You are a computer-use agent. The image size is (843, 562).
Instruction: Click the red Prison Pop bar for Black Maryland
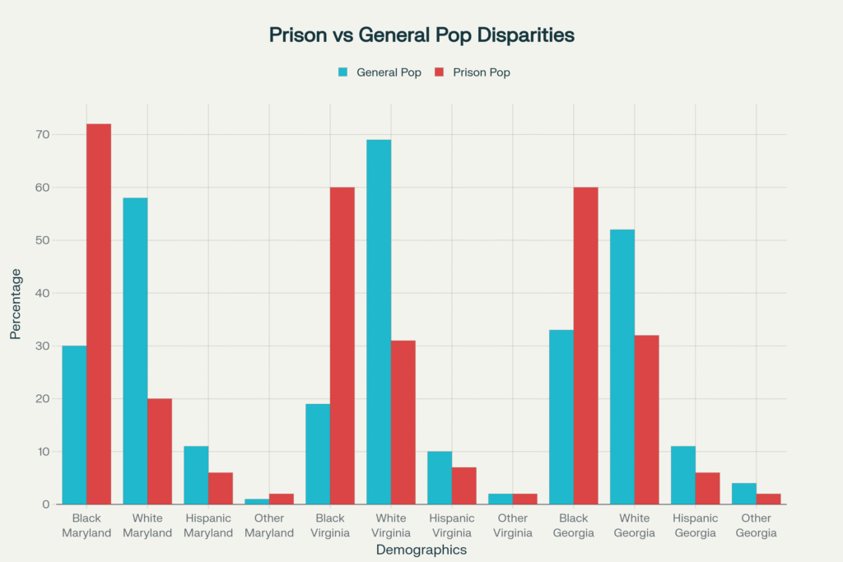tap(99, 314)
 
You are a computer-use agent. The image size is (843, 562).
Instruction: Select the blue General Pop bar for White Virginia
tap(379, 322)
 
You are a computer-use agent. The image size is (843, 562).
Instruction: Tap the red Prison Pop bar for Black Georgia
tap(586, 346)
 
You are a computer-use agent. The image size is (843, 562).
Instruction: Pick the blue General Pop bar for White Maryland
tap(135, 351)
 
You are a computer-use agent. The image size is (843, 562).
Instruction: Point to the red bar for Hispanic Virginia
tap(464, 485)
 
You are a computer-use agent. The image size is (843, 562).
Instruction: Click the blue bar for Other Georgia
tap(744, 494)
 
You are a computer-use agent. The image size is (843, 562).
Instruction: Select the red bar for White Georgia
tap(647, 420)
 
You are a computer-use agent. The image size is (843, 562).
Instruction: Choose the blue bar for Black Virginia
tap(318, 453)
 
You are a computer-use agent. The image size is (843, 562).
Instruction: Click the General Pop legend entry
tap(380, 72)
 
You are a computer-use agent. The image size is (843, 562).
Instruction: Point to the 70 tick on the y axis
tap(43, 134)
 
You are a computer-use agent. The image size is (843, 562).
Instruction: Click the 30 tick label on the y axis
tap(43, 346)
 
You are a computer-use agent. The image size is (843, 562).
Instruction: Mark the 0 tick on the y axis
tap(46, 504)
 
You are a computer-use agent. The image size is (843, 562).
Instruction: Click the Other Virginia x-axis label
tap(513, 525)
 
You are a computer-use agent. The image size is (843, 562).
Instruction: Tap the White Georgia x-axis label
tap(635, 525)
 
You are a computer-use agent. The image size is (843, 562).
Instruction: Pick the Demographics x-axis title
tap(421, 550)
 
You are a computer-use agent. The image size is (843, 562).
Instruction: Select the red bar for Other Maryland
tap(282, 499)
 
